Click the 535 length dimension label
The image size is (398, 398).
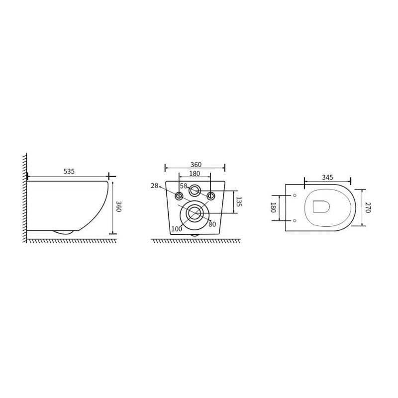pyautogui.click(x=69, y=171)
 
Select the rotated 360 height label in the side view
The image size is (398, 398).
pyautogui.click(x=118, y=206)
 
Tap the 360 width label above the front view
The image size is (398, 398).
pyautogui.click(x=196, y=165)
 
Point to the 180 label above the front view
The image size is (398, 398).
pyautogui.click(x=195, y=174)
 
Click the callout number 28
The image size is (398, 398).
pyautogui.click(x=154, y=186)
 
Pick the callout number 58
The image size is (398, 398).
pyautogui.click(x=184, y=186)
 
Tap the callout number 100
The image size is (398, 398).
pyautogui.click(x=176, y=229)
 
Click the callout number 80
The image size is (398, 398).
pyautogui.click(x=212, y=224)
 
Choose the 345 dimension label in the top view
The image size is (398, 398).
pyautogui.click(x=327, y=177)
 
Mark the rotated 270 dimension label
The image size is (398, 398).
pyautogui.click(x=368, y=207)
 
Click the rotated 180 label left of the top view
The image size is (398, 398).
pyautogui.click(x=273, y=207)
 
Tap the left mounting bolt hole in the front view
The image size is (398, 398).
pyautogui.click(x=179, y=196)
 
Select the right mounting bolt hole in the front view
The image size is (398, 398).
pyautogui.click(x=210, y=196)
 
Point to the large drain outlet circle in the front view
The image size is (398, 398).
pyautogui.click(x=194, y=213)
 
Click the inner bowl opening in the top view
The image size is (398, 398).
pyautogui.click(x=321, y=206)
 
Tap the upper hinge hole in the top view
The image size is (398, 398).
pyautogui.click(x=295, y=195)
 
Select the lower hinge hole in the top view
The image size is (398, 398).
pyautogui.click(x=295, y=220)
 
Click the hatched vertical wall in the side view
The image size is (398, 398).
pyautogui.click(x=24, y=199)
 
